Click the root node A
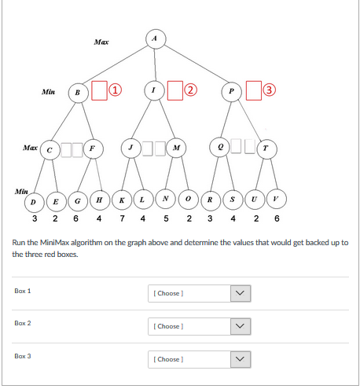pos(156,39)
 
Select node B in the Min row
pos(79,93)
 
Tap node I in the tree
pos(154,90)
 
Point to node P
pos(231,91)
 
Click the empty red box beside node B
pos(99,90)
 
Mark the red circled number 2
pos(190,90)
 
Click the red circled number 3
pos(269,90)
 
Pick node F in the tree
pos(94,149)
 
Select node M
pos(176,148)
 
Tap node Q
pos(219,147)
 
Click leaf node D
pos(34,202)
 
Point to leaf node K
pos(122,200)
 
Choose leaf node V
pos(277,199)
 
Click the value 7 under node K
pos(122,218)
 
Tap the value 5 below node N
pos(166,218)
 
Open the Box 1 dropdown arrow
pos(241,293)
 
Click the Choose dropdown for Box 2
pos(200,326)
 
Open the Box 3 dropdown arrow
pos(241,359)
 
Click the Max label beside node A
pos(101,42)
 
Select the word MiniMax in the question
pos(54,243)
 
